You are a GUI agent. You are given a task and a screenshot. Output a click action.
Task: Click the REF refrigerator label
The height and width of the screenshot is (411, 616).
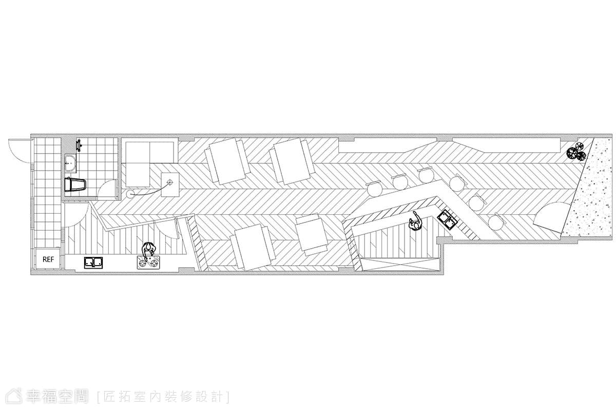(48, 259)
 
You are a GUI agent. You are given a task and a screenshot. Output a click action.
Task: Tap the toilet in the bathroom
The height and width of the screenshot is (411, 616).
(75, 185)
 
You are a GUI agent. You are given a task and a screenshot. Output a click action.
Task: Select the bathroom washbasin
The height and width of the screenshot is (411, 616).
(71, 163)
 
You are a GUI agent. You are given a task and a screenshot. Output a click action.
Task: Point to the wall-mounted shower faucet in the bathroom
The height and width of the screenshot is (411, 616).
(79, 145)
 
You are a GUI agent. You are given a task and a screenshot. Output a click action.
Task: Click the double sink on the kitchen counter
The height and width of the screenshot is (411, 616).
(93, 263)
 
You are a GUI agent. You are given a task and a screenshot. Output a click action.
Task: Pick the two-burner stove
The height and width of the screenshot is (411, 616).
(148, 263)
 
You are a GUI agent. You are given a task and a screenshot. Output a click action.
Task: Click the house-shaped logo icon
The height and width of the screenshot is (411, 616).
(14, 396)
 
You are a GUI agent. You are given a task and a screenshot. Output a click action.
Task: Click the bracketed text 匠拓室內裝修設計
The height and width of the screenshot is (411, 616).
(164, 397)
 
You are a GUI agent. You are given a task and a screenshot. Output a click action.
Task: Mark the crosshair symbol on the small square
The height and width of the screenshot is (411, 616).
(170, 182)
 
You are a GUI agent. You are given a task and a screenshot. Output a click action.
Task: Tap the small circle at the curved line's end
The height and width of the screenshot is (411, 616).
(129, 194)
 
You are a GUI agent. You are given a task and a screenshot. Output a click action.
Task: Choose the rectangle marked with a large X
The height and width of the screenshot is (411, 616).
(399, 265)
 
